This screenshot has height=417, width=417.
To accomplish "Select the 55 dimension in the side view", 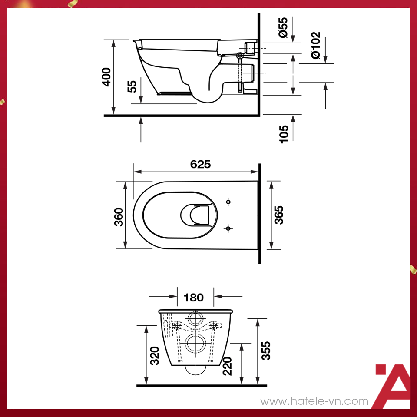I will click(132, 86).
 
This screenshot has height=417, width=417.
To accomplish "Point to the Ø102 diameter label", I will click(315, 45).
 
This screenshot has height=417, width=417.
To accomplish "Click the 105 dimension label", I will click(284, 134).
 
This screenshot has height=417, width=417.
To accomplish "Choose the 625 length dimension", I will click(200, 164).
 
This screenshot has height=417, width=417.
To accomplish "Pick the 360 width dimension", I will click(119, 216).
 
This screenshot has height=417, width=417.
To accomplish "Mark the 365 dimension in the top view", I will click(279, 215).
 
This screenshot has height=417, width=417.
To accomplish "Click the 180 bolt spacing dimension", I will click(193, 298).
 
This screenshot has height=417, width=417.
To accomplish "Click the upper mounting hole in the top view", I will click(228, 202).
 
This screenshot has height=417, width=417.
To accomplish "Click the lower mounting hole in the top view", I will click(228, 228).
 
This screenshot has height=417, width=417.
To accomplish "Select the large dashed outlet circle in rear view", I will click(196, 344).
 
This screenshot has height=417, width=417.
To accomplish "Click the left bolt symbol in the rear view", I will click(177, 325).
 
